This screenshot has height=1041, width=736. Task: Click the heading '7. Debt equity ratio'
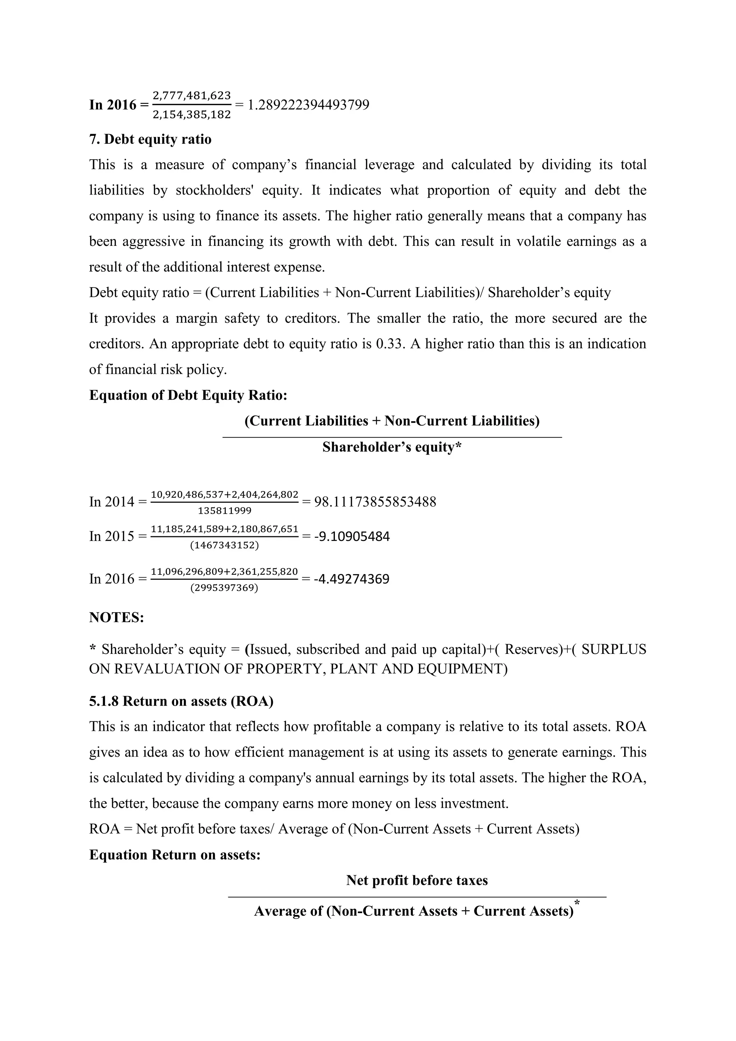click(x=150, y=139)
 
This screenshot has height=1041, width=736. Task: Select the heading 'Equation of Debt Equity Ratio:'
click(x=188, y=395)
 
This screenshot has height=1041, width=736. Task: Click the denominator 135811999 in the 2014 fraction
click(x=224, y=511)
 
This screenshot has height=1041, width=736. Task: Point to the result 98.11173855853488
click(x=375, y=502)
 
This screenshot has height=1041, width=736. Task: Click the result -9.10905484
click(x=352, y=536)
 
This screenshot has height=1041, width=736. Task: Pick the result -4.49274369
click(x=352, y=579)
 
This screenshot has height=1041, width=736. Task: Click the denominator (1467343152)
click(x=224, y=545)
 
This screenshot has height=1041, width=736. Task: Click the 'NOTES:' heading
click(x=116, y=618)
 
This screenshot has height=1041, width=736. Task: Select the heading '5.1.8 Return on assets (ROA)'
click(x=181, y=701)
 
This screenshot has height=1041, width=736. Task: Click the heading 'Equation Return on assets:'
click(x=175, y=855)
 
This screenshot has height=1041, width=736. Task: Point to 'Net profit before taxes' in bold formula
click(x=417, y=880)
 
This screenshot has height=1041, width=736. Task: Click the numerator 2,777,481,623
click(x=192, y=96)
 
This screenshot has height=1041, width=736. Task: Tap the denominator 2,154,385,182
click(x=192, y=115)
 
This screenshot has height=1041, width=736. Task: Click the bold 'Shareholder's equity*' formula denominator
click(x=392, y=448)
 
